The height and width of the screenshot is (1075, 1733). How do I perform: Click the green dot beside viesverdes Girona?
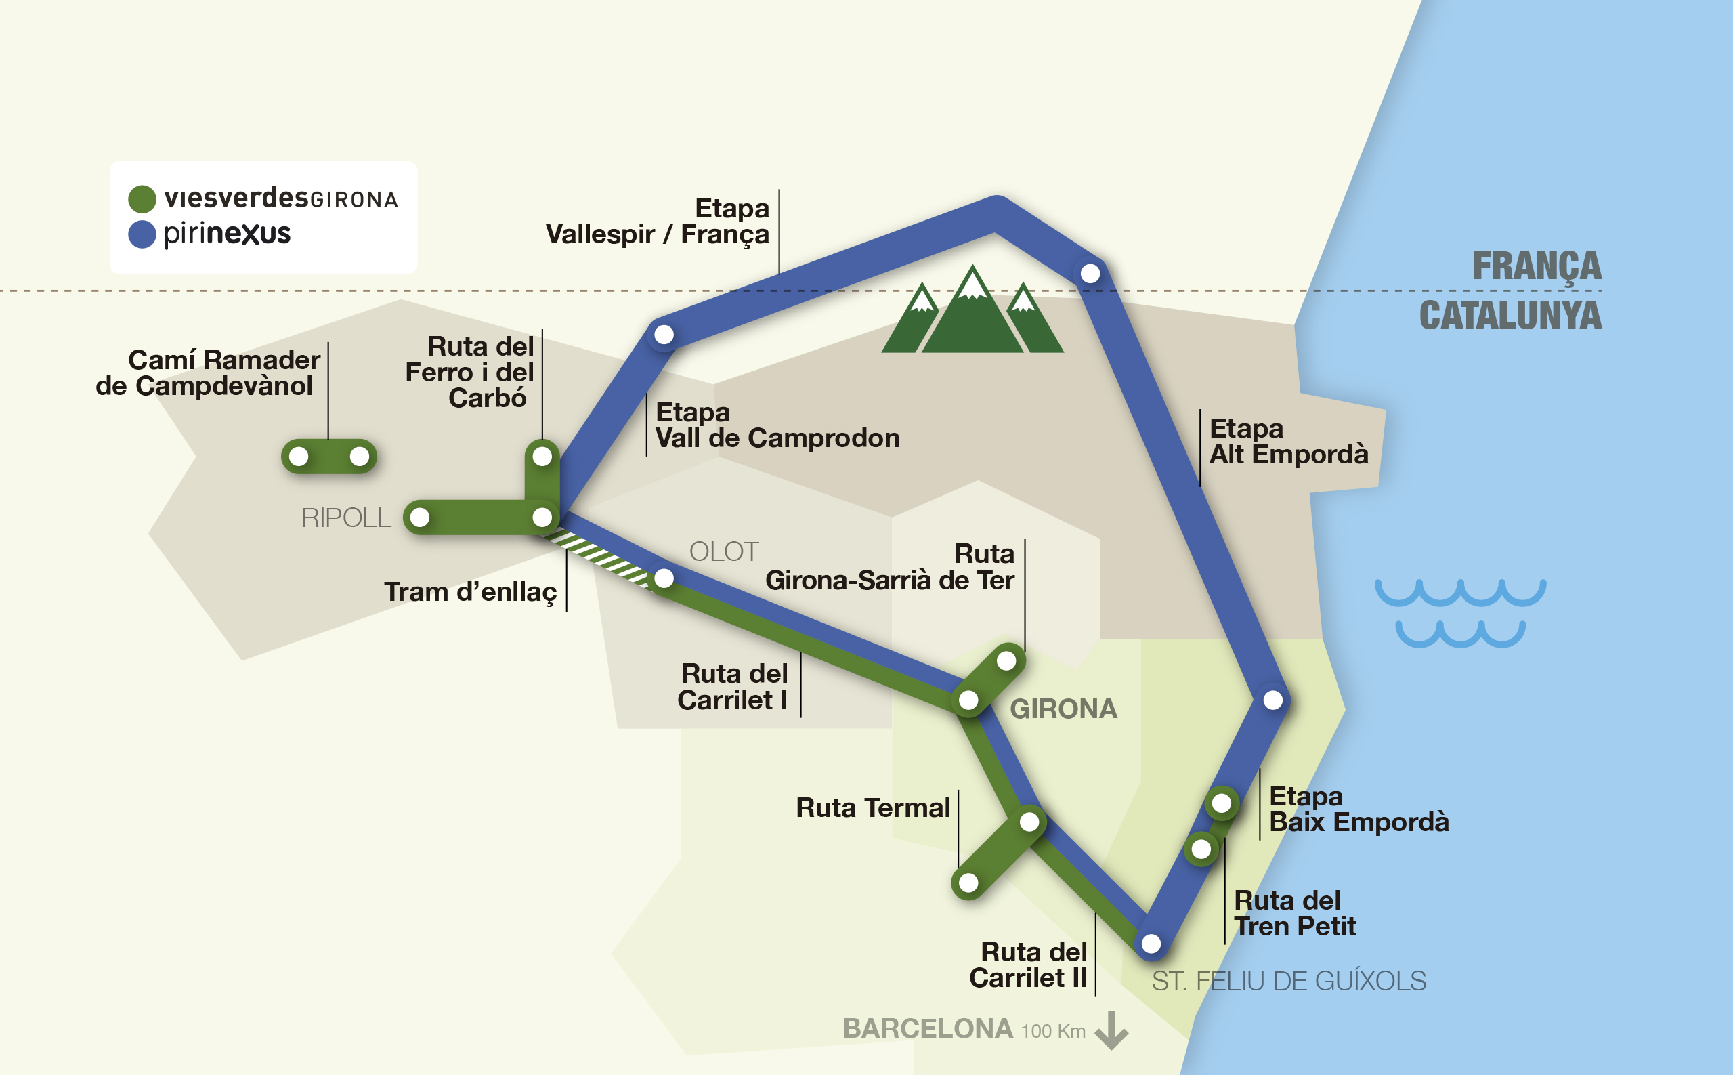(142, 199)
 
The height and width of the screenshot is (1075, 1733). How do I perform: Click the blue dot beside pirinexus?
(142, 234)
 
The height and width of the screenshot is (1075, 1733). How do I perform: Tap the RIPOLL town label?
(346, 518)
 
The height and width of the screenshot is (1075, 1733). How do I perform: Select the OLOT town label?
(724, 551)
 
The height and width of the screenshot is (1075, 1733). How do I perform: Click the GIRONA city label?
(1063, 709)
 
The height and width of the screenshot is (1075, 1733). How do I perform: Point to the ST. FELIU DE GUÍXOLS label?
(1288, 981)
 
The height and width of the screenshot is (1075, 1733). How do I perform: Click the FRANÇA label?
(1536, 267)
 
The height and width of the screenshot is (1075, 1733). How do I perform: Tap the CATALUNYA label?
(1510, 316)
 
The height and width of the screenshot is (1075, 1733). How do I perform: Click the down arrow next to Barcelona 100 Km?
(1111, 1031)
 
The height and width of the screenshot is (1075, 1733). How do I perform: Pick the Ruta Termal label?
(872, 807)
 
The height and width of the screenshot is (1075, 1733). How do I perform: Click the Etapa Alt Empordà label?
(1288, 442)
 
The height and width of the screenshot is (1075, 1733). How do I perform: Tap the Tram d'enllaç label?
(470, 592)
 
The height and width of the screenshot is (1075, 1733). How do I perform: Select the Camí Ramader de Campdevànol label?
(207, 373)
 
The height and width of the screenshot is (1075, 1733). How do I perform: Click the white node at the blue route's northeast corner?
(1090, 273)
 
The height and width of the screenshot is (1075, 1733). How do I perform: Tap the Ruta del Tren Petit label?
(1293, 914)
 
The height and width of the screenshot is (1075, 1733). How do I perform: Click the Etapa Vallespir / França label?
(658, 221)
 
